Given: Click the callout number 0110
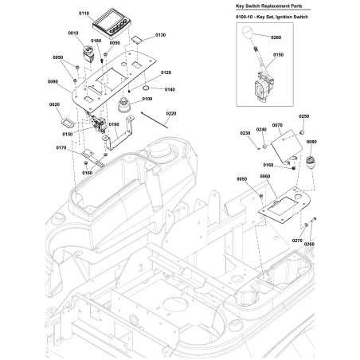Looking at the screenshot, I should coord(84,14).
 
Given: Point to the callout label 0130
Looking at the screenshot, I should coord(160,35).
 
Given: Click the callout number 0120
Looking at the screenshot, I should coord(166,72).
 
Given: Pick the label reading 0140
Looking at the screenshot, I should coord(170,89).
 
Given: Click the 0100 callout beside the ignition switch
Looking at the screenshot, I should coord(147,99).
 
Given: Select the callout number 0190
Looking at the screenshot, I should coord(113,125).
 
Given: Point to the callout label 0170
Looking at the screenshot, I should coord(61,147).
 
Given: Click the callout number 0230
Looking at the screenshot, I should coord(245,132).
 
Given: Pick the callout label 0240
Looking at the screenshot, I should coord(261,129).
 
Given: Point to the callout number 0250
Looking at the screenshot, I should coord(303,116).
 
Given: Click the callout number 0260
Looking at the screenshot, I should coord(309,244).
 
